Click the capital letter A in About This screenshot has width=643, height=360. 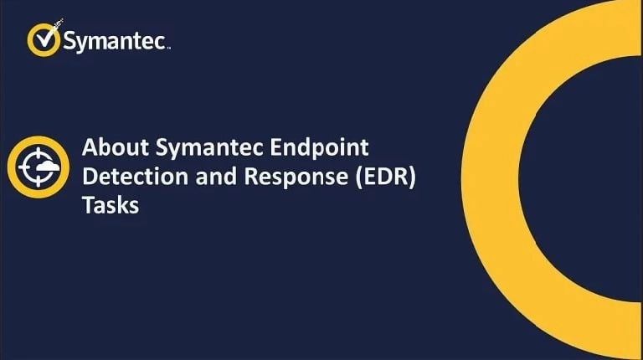pyautogui.click(x=89, y=148)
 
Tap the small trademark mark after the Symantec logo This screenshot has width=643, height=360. pyautogui.click(x=169, y=49)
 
